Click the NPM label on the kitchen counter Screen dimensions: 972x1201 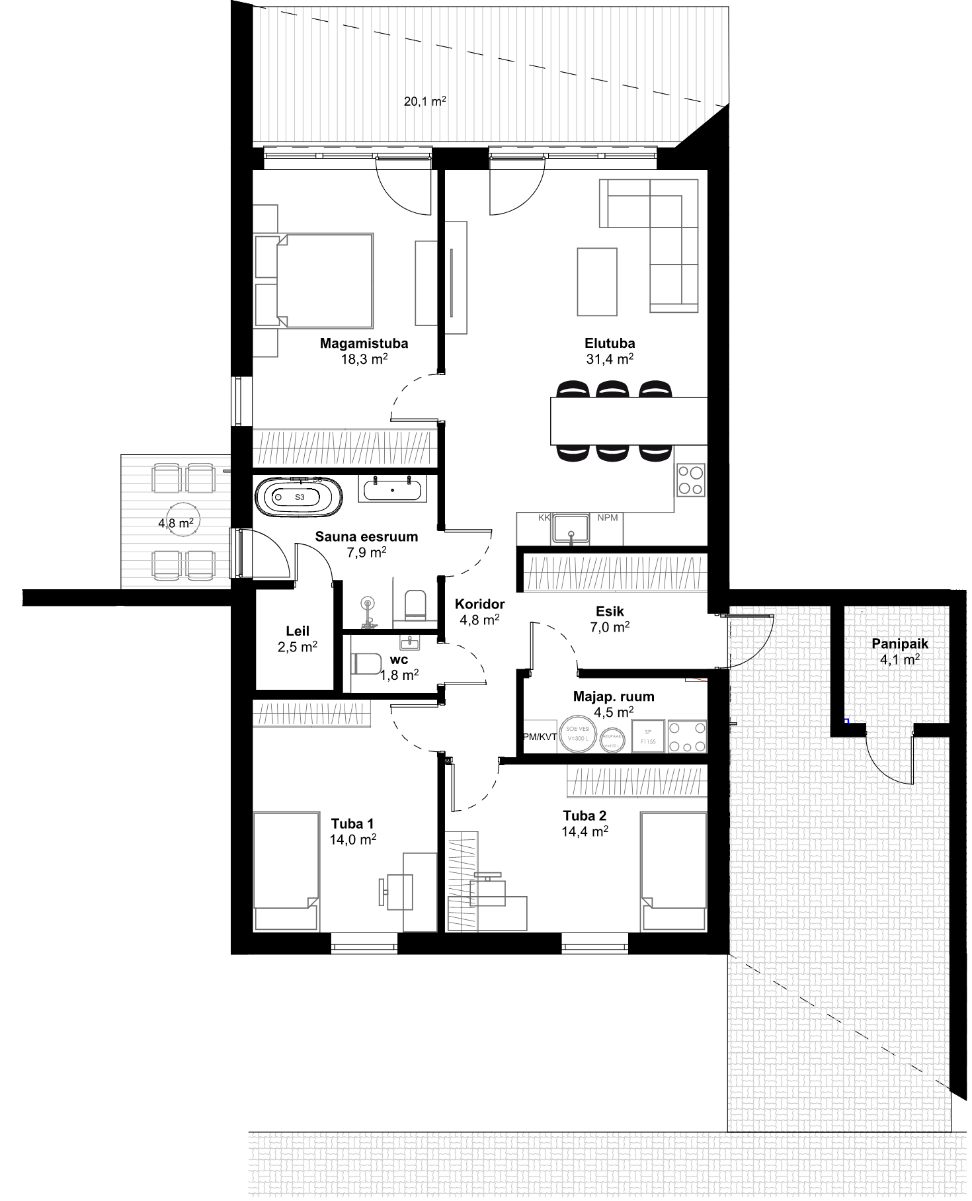(x=607, y=518)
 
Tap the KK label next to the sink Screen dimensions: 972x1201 (x=544, y=518)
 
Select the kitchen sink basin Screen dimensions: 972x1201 (x=571, y=528)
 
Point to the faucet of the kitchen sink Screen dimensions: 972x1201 (x=571, y=536)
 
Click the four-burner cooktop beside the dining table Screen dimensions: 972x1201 (x=691, y=480)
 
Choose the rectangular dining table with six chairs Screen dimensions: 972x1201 (x=629, y=421)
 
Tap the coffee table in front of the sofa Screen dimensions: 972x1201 (x=597, y=282)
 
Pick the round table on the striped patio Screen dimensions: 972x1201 (x=183, y=520)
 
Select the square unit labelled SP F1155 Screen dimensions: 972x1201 (x=648, y=737)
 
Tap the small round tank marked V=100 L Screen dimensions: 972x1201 (x=612, y=740)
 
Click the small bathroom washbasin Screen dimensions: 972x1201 (x=410, y=642)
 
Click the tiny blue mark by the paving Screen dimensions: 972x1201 (x=847, y=720)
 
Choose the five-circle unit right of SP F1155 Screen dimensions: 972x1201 (x=687, y=737)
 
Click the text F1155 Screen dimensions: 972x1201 (x=648, y=742)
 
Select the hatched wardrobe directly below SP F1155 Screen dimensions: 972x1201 (x=637, y=782)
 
